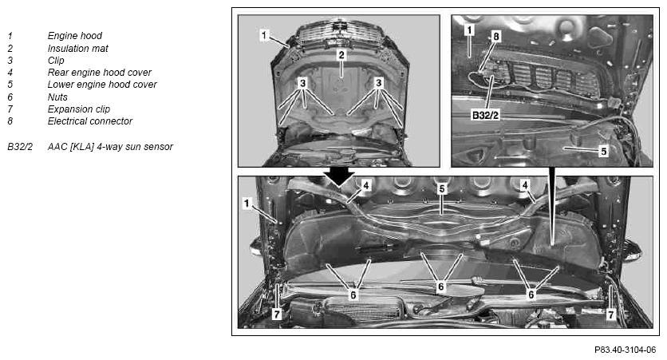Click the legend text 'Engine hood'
75,36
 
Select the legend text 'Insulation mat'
78,49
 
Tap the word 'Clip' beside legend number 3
56,61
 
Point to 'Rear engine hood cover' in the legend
100,73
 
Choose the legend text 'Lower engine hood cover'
102,85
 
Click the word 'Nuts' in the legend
57,97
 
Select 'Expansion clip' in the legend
79,109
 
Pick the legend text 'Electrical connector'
90,121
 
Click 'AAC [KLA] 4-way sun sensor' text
110,147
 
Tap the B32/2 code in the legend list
20,147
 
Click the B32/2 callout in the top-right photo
485,114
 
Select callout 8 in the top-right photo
495,36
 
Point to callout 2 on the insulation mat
341,55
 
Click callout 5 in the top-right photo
603,151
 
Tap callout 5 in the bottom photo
441,188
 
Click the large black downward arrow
338,176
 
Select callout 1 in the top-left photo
264,35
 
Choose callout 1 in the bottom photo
247,204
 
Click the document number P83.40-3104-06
625,350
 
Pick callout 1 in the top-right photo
469,30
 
